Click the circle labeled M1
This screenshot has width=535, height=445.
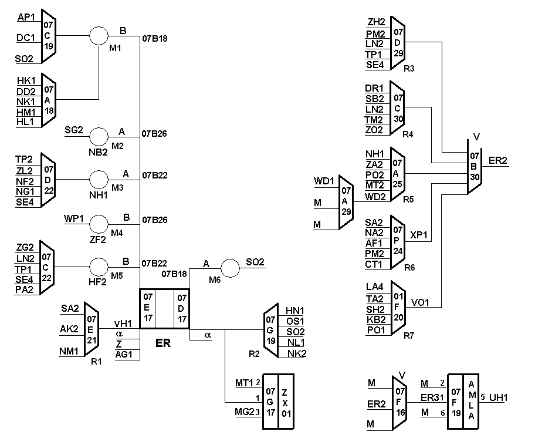coord(99,35)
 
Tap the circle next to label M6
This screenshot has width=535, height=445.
coord(229,268)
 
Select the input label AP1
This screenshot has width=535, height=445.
coord(27,17)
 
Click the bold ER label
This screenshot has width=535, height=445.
coord(162,343)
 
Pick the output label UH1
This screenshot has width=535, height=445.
coord(498,397)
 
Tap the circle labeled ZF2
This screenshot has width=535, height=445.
coord(99,224)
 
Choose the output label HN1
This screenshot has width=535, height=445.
coord(295,311)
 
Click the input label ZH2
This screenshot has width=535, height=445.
coord(376,22)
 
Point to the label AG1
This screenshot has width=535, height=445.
coord(125,354)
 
